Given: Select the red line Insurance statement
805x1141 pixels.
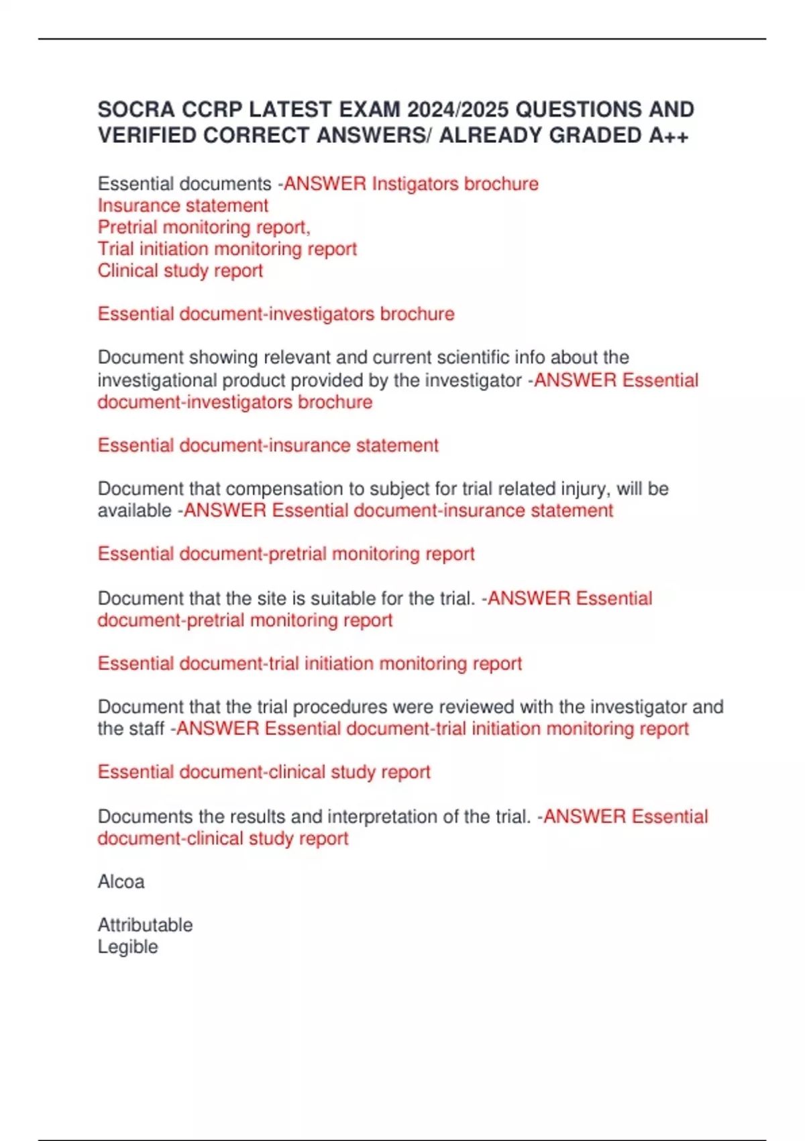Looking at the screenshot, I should pyautogui.click(x=182, y=205).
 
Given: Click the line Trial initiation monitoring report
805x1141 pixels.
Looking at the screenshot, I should pyautogui.click(x=227, y=249).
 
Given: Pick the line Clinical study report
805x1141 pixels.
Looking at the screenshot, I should pyautogui.click(x=180, y=270).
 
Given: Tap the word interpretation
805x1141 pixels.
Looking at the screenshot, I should pyautogui.click(x=393, y=817).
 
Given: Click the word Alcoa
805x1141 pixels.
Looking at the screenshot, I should pyautogui.click(x=121, y=882).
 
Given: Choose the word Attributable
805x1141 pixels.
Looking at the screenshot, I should pyautogui.click(x=145, y=925).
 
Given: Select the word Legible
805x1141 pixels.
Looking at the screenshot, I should pyautogui.click(x=127, y=947).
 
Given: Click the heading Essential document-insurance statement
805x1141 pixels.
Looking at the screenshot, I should pyautogui.click(x=268, y=445).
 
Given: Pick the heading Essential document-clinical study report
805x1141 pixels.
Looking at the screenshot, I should pyautogui.click(x=264, y=772).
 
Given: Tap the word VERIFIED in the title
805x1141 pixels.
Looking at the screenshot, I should pyautogui.click(x=147, y=136).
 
